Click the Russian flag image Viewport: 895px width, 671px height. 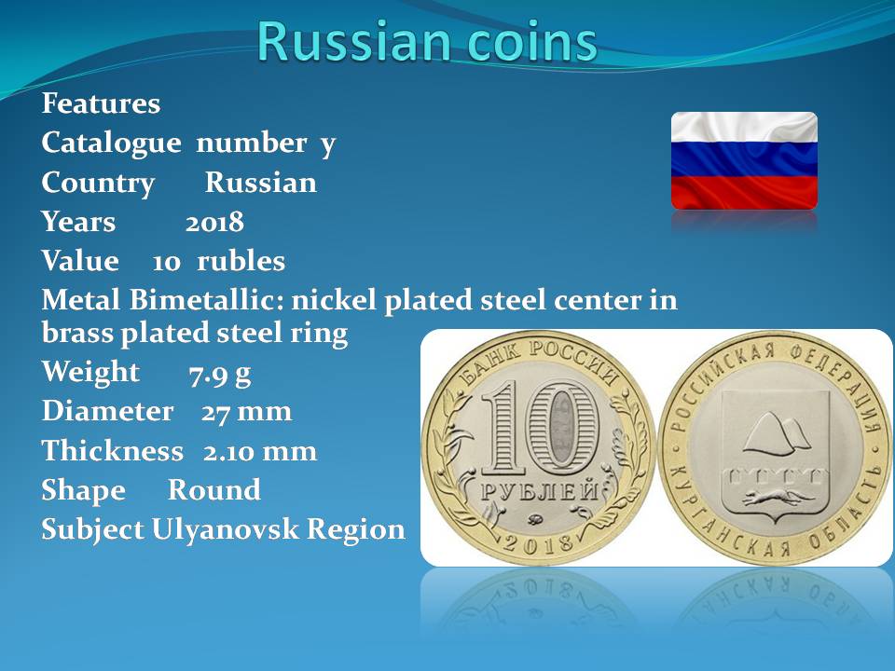pos(744,161)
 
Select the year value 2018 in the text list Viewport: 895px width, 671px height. pos(214,222)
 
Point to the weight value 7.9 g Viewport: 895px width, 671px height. pos(220,375)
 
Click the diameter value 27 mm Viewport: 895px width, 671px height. pos(246,411)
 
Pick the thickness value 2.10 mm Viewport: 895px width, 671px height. pos(260,451)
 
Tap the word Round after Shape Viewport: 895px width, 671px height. pos(214,489)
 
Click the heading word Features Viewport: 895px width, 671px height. pos(101,103)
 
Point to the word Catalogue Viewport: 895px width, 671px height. pos(111,144)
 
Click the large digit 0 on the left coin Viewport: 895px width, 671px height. pos(561,428)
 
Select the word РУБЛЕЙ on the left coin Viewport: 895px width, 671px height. pos(540,491)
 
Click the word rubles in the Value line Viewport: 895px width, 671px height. pos(241,261)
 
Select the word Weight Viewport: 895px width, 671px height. pos(90,372)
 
